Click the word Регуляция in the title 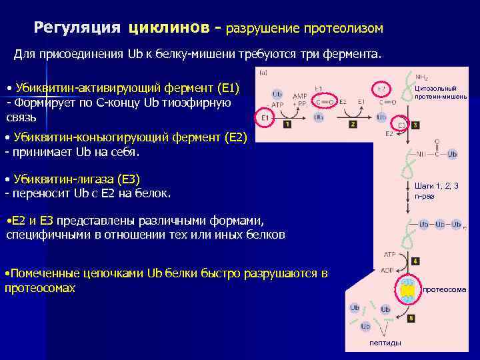tap(77, 27)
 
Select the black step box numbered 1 tap(287, 124)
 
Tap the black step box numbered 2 tap(353, 124)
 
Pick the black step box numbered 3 tap(416, 125)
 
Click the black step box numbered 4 tap(415, 261)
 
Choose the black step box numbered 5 tap(411, 318)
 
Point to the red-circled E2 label tap(381, 88)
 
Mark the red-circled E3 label tap(403, 124)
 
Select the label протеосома tap(445, 290)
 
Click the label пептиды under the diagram tap(385, 343)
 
